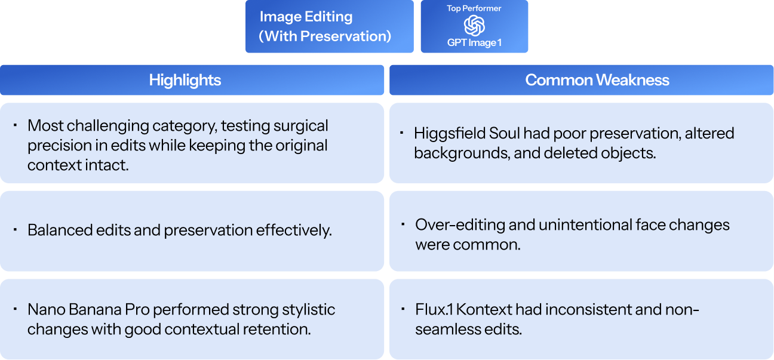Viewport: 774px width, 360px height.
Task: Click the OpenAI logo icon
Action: [x=474, y=26]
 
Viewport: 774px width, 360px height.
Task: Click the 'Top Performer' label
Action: [x=474, y=8]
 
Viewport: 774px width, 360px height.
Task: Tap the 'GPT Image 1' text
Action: [x=474, y=42]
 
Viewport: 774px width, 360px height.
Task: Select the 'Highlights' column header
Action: [x=185, y=80]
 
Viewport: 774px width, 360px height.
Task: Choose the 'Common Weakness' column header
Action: [x=597, y=80]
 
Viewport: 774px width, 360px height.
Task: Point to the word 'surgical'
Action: [x=301, y=126]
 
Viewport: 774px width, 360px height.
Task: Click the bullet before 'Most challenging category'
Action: [x=15, y=125]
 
